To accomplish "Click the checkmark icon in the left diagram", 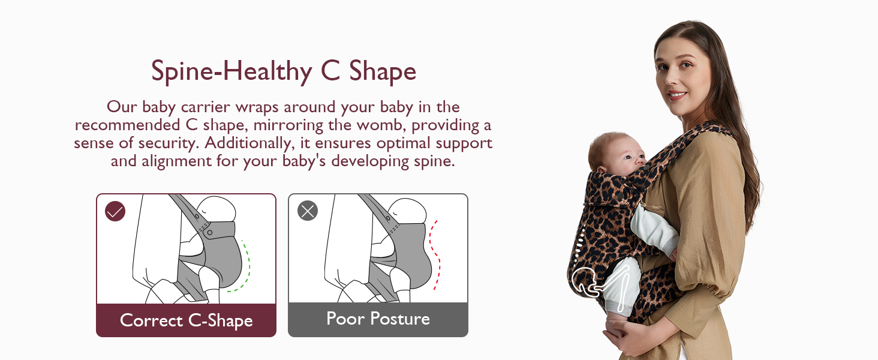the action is pos(115,211).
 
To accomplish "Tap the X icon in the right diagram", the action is pos(307,211).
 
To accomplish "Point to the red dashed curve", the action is pos(435,255).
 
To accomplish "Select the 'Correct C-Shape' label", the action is pos(186,320).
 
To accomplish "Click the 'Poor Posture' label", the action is pos(378,319).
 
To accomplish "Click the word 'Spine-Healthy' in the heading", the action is pos(231,71).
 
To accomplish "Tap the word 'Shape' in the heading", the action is pos(382,71).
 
